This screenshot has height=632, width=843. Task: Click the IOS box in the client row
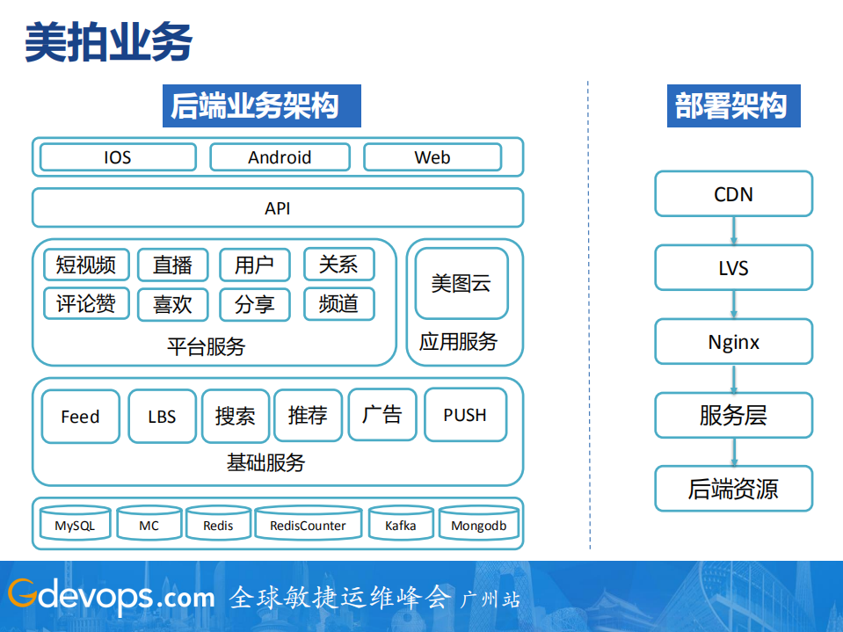point(118,157)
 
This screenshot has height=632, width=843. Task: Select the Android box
point(280,157)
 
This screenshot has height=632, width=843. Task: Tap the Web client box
point(432,157)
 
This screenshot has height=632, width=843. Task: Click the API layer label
point(278,208)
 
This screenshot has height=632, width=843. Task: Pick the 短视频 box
point(86,265)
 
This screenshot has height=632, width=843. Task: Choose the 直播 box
point(172,265)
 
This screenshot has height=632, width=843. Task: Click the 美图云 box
point(461,284)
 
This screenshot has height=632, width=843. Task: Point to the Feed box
point(80,417)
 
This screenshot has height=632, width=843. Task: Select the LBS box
point(162,417)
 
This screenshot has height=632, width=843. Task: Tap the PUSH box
point(465,415)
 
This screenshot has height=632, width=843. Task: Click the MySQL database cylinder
point(75,524)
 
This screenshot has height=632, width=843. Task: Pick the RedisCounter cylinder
point(308,524)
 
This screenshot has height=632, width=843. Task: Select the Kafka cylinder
point(401,524)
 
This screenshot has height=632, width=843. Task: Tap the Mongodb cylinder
point(479,524)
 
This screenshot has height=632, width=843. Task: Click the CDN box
point(733,194)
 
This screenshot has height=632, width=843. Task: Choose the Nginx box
point(733,342)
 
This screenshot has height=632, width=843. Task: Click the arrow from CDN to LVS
point(733,231)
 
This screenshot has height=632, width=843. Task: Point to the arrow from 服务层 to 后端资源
point(733,452)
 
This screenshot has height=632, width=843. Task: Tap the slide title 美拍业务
point(108,42)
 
